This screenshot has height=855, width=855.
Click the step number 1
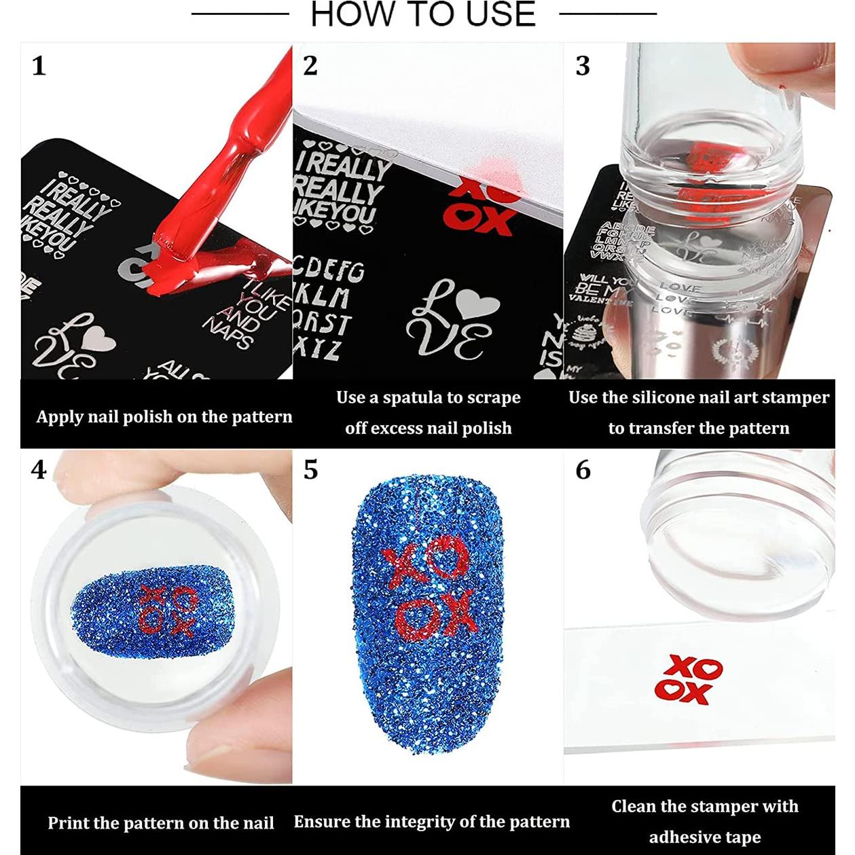39,66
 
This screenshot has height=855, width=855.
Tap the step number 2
310,66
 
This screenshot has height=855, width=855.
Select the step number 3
583,66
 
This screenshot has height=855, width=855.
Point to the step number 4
39,470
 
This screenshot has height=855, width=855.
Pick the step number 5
310,470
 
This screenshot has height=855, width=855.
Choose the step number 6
583,470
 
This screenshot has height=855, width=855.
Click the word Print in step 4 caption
67,823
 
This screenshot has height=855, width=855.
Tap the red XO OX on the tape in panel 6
687,679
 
